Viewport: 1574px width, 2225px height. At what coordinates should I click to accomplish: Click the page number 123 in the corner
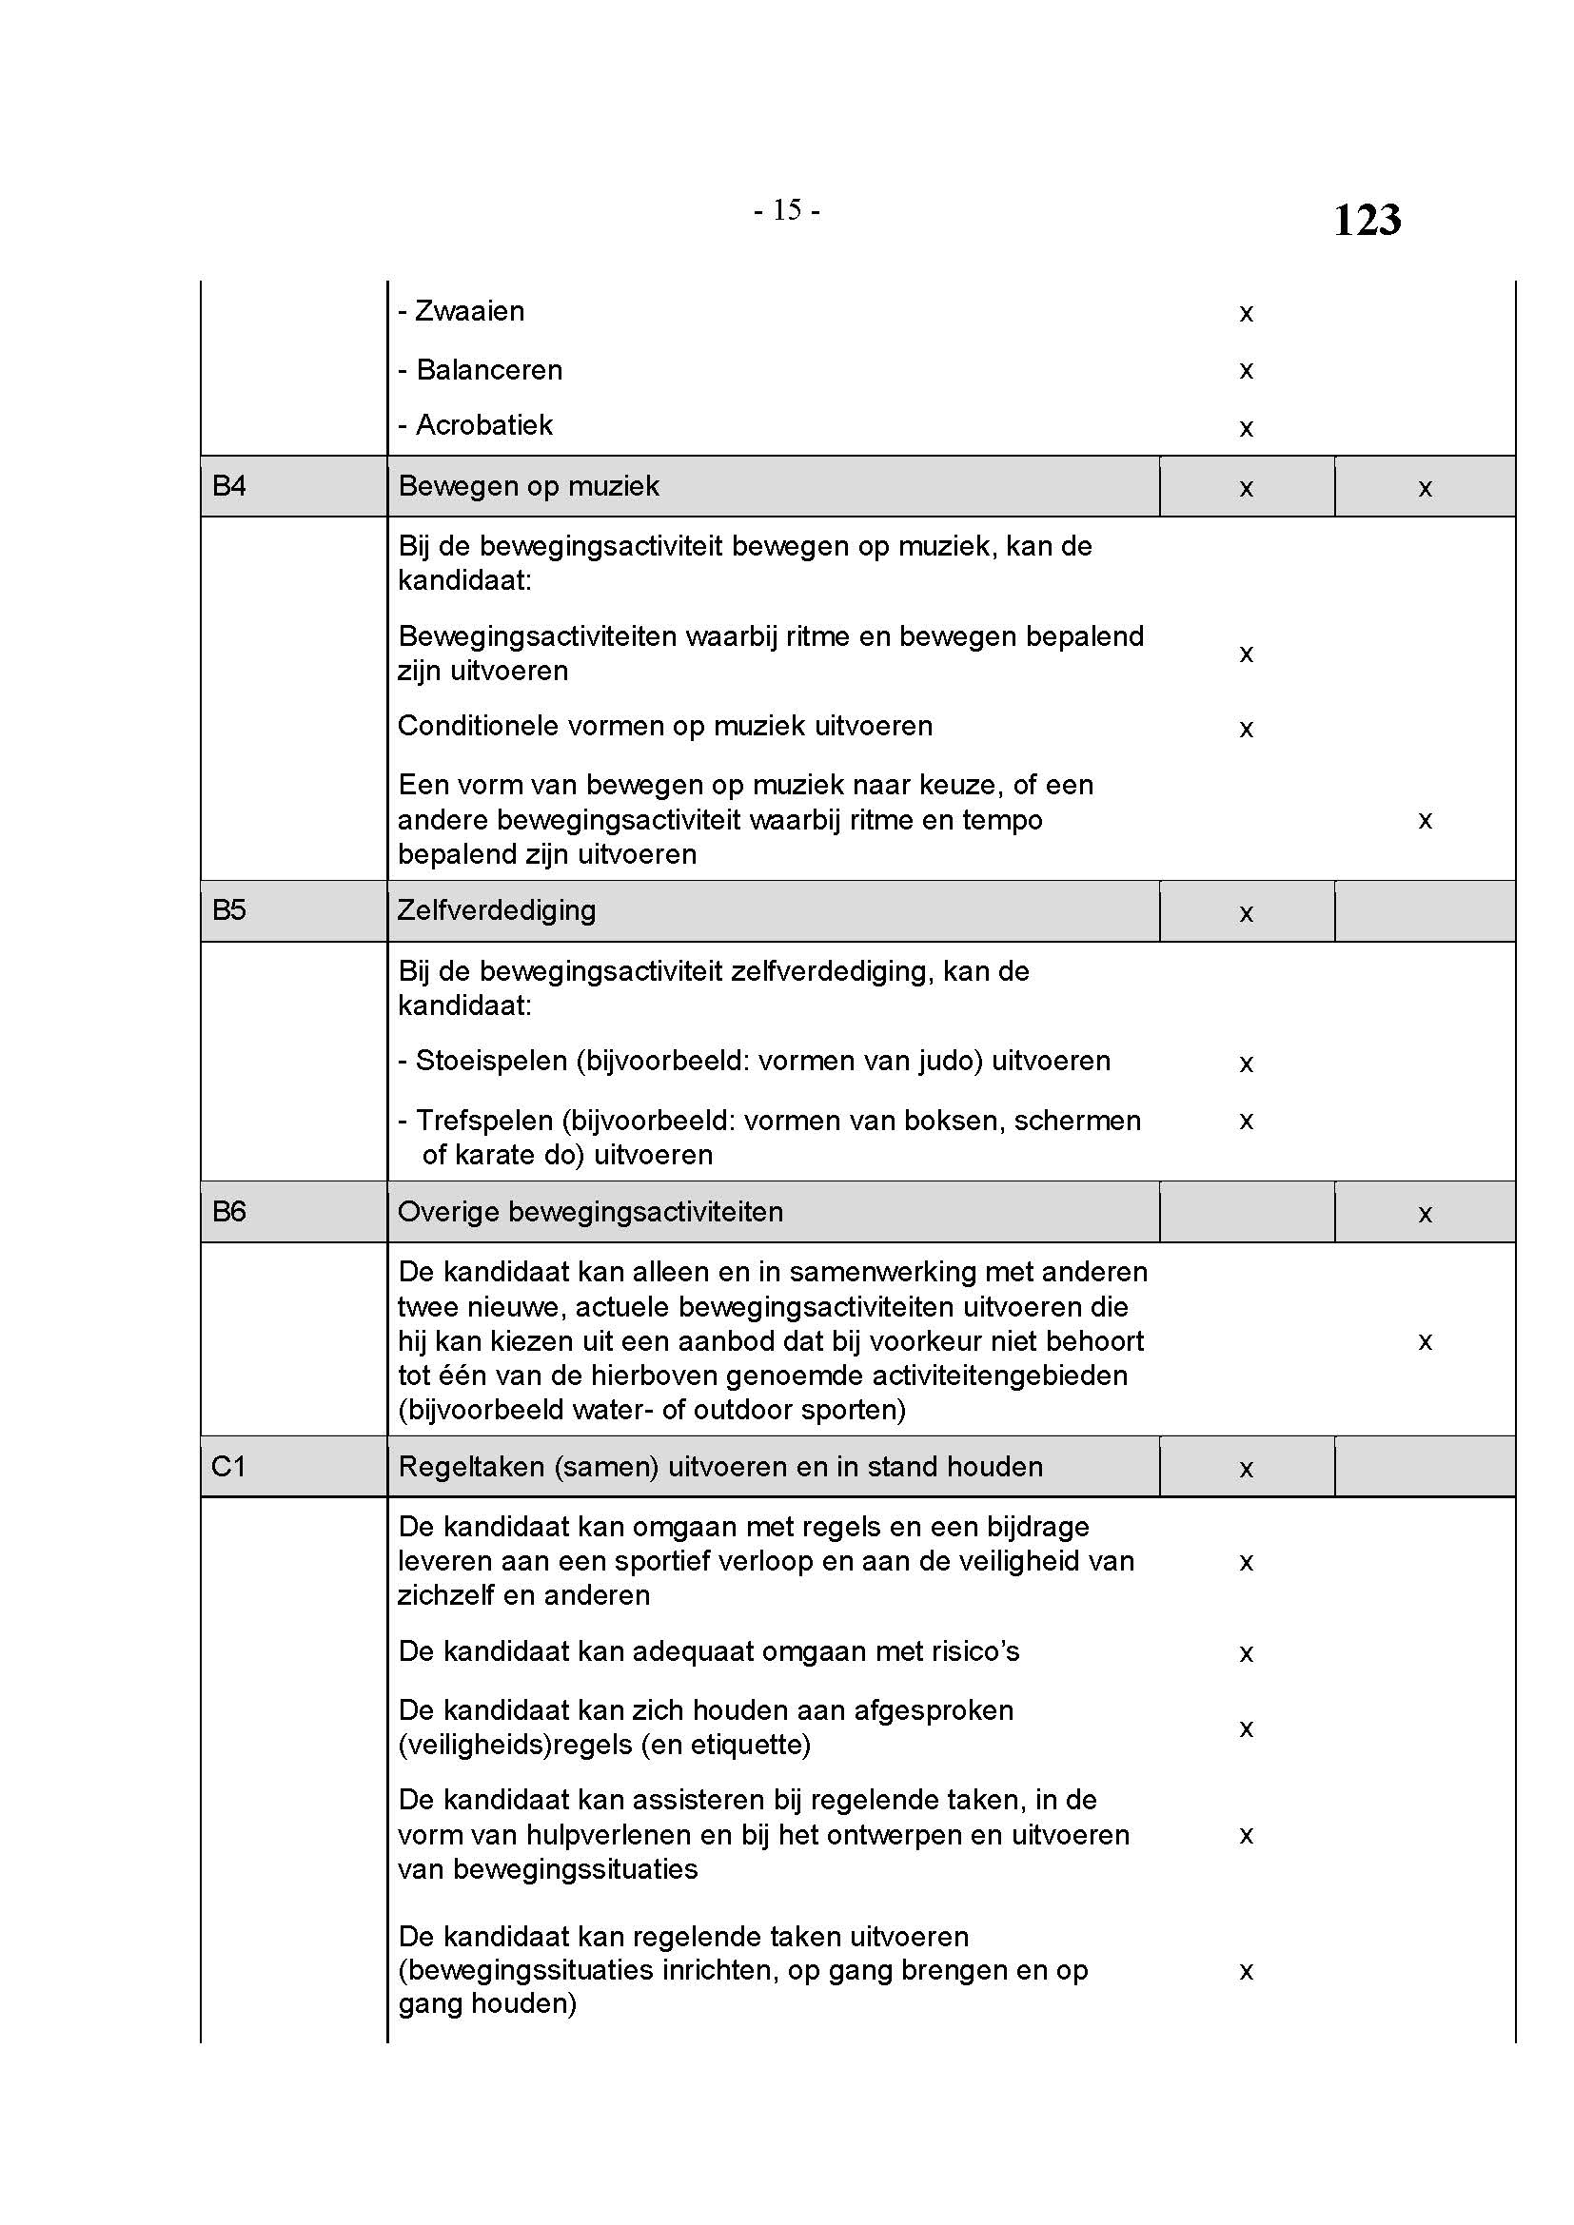(1367, 220)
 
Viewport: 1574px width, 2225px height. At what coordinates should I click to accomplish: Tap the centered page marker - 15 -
(786, 210)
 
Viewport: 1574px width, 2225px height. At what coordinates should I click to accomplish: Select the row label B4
(228, 485)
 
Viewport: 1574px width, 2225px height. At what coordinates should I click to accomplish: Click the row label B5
(228, 910)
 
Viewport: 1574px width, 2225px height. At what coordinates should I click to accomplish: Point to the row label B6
(228, 1211)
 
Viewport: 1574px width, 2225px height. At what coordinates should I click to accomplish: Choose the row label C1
(228, 1466)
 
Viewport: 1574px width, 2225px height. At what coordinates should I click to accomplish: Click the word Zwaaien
(470, 311)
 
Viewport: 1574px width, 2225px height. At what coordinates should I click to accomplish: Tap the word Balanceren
(489, 369)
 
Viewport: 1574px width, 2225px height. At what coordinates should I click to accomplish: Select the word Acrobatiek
(484, 425)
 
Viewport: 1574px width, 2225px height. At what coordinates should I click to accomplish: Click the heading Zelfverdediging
(496, 910)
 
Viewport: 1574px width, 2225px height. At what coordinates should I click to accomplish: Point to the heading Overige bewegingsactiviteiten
(590, 1211)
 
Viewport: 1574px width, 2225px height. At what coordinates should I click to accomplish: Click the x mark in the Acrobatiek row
(1247, 428)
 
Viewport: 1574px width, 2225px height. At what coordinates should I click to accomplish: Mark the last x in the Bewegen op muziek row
(1425, 488)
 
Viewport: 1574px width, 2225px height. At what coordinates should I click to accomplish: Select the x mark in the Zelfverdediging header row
(1247, 913)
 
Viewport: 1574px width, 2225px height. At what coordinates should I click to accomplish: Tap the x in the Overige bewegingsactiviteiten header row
(1425, 1214)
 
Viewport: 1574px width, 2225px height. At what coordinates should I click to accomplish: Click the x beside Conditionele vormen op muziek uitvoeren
(1247, 729)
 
